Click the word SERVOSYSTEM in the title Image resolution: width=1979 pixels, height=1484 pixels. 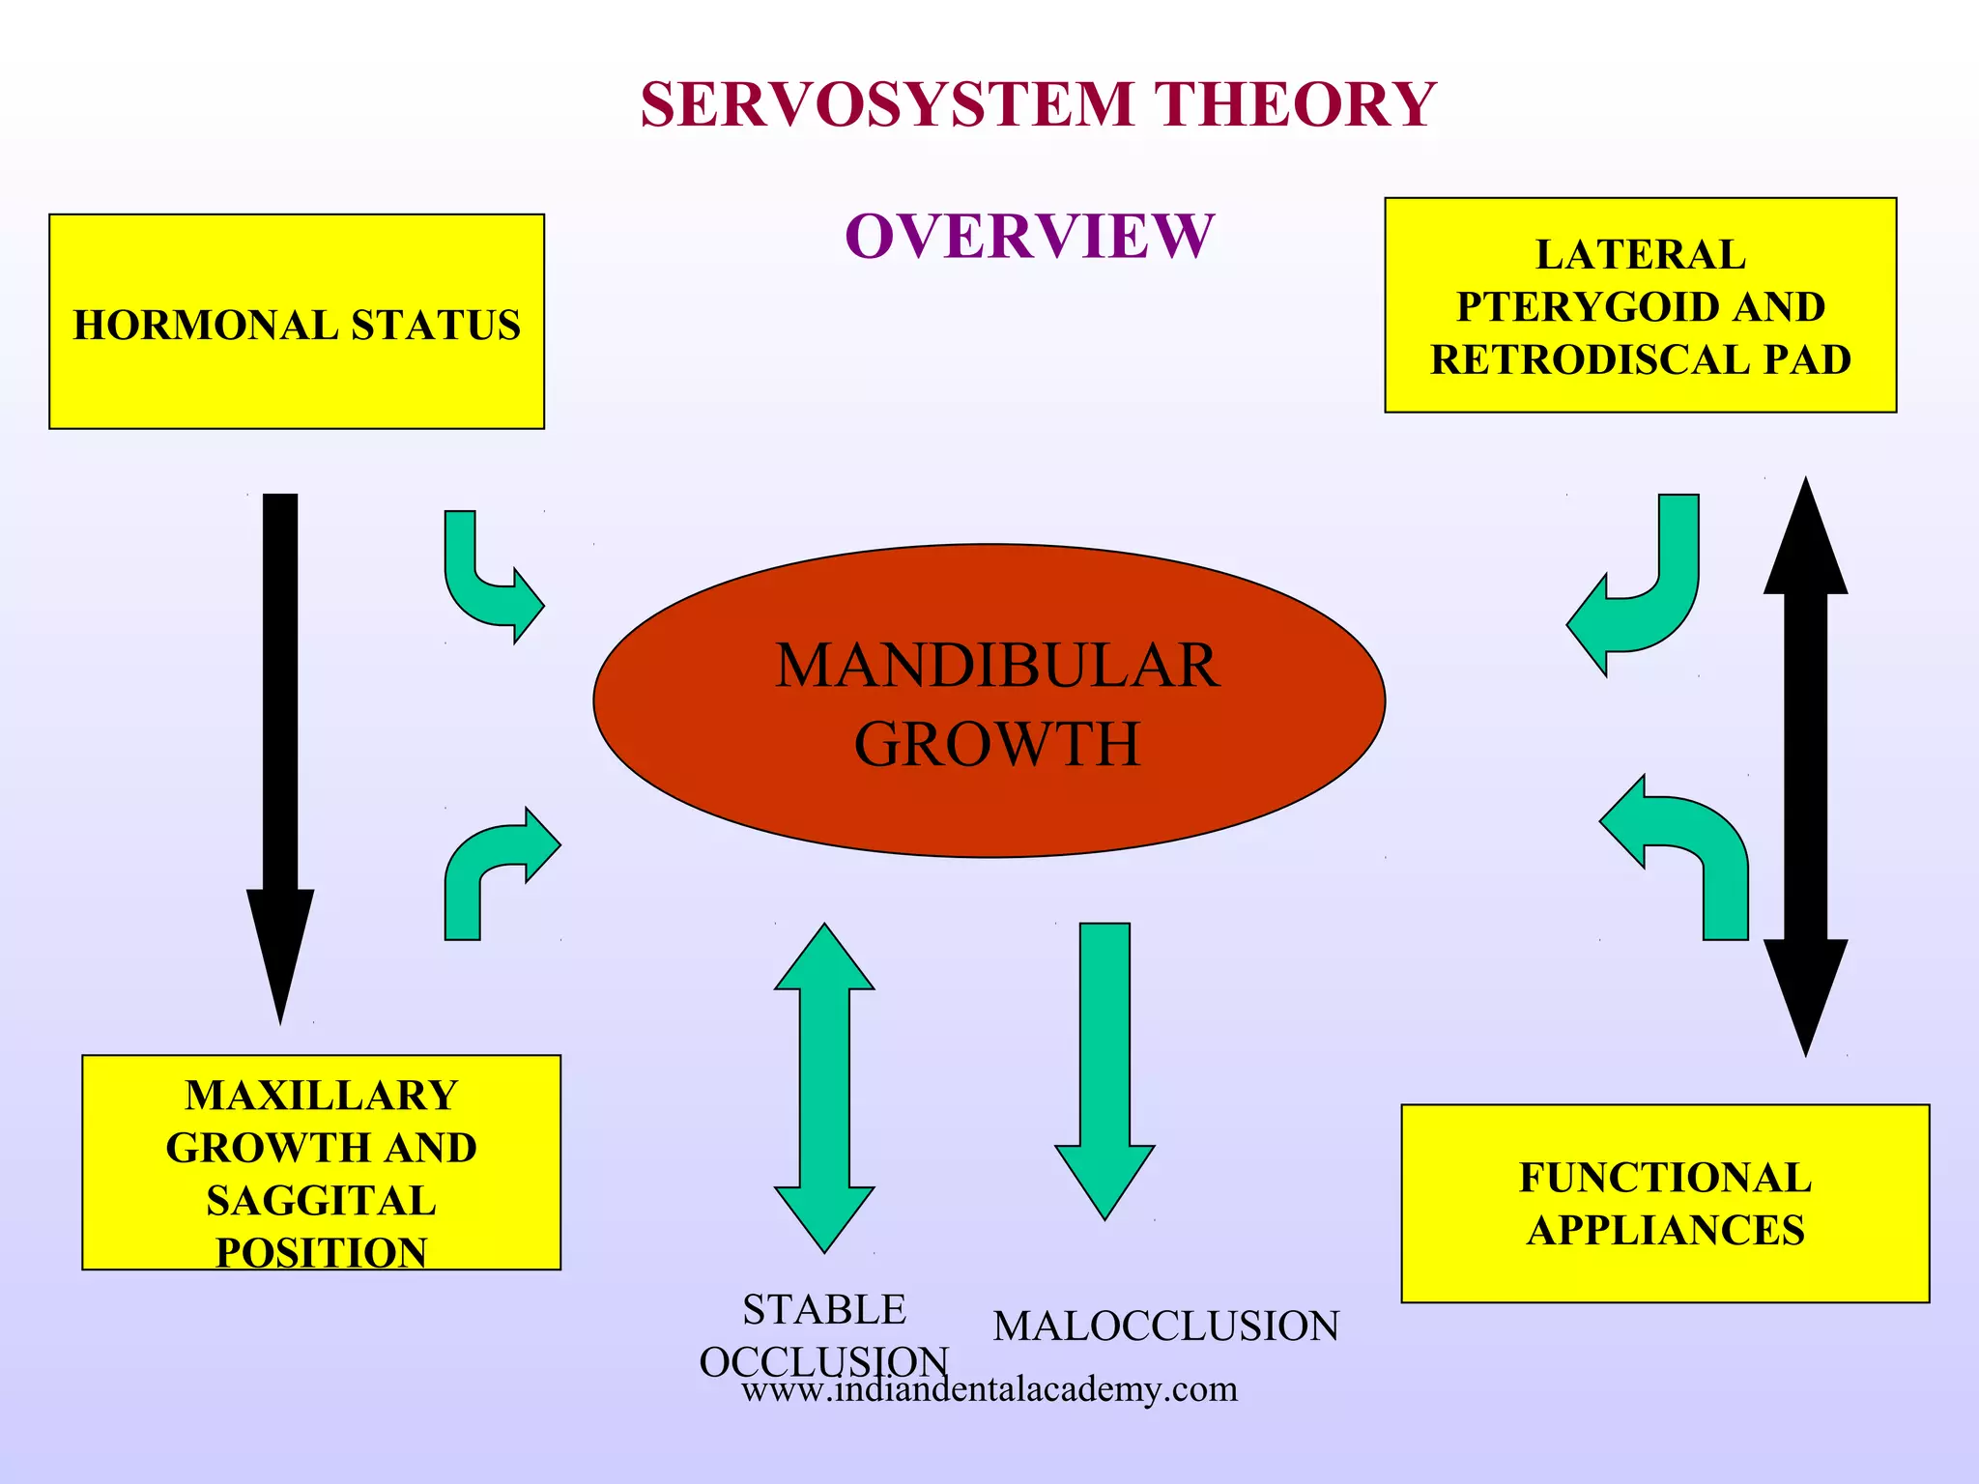point(886,104)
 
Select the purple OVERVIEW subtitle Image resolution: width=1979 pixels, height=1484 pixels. point(1029,236)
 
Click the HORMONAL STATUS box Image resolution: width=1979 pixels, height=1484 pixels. point(297,322)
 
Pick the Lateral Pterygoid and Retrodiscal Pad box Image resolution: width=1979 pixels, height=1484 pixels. point(1640,305)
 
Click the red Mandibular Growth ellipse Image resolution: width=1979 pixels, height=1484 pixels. point(989,701)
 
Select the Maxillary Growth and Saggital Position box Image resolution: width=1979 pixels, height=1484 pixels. point(321,1161)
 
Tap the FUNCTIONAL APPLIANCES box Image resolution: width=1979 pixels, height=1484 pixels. point(1664,1203)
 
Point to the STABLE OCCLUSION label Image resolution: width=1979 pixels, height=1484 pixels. point(823,1334)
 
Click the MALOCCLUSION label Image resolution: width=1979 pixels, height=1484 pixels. point(1165,1327)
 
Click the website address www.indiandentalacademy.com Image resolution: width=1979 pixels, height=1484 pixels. point(989,1390)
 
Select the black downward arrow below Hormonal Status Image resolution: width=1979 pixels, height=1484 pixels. point(280,754)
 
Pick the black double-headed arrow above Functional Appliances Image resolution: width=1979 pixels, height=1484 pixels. point(1805,766)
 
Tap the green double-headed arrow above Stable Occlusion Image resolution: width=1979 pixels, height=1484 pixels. point(824,1088)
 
